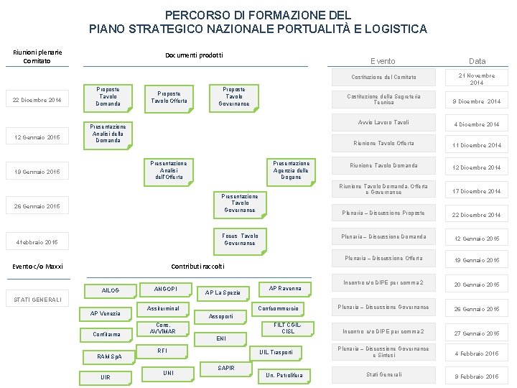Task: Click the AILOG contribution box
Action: point(111,290)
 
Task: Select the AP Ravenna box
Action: point(285,288)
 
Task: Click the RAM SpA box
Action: point(110,356)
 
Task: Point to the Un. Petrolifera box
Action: point(284,374)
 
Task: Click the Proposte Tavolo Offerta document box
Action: point(169,97)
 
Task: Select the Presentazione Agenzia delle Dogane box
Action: point(291,170)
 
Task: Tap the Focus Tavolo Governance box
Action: point(240,239)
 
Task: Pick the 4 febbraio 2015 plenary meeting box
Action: point(38,242)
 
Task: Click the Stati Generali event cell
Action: point(384,374)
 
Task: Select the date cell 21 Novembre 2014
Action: point(477,79)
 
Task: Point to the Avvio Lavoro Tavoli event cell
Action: point(384,122)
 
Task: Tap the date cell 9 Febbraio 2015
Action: point(477,376)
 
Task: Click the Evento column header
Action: point(383,61)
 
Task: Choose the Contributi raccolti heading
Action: point(197,266)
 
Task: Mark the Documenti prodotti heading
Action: point(194,55)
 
